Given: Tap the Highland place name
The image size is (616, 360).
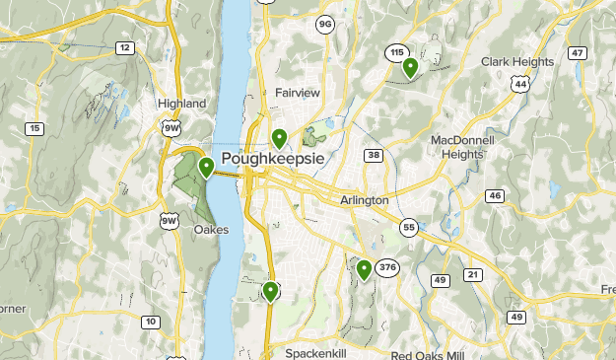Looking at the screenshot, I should tap(181, 103).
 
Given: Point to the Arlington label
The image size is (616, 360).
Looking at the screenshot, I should tap(364, 200).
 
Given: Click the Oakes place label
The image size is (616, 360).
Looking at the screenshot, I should tap(211, 230).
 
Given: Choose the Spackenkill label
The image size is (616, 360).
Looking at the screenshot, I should tap(317, 352).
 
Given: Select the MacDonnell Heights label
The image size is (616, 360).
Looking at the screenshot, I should tap(463, 147).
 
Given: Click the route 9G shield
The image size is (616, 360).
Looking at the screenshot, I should tap(325, 23).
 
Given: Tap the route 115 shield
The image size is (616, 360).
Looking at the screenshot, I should tap(397, 52).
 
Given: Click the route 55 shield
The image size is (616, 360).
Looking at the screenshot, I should tap(409, 228).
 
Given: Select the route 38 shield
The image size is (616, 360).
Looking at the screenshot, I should tap(374, 155).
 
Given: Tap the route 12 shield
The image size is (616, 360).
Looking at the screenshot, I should tap(124, 47).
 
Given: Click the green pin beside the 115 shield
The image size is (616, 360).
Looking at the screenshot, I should tap(410, 67).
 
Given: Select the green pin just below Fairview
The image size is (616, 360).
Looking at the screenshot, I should tap(280, 138).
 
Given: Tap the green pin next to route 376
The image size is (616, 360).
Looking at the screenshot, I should tap(365, 268).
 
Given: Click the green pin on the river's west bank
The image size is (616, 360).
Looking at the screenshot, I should tap(207, 167).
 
